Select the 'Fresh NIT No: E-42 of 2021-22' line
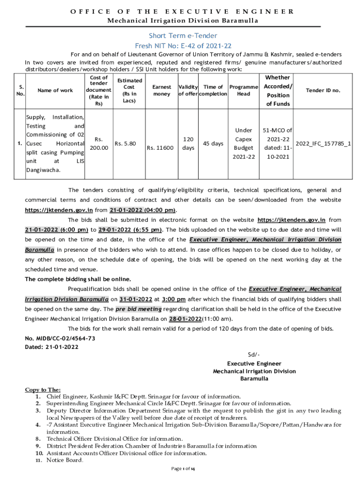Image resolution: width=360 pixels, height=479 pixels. [x=183, y=46]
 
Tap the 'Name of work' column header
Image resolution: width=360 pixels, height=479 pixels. [x=55, y=90]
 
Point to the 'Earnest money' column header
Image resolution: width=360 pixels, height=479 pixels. [x=162, y=90]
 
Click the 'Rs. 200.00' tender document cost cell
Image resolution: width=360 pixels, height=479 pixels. [x=99, y=144]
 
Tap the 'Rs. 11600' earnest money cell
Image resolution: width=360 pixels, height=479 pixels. [x=160, y=148]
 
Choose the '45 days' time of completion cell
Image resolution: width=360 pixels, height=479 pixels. [x=213, y=144]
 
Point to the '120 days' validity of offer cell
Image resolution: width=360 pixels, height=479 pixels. [x=188, y=144]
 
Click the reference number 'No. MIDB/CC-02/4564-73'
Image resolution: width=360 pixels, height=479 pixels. [x=60, y=338]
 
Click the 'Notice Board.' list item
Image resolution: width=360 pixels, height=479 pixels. [x=65, y=460]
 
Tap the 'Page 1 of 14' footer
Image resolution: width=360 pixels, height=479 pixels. [x=183, y=469]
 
